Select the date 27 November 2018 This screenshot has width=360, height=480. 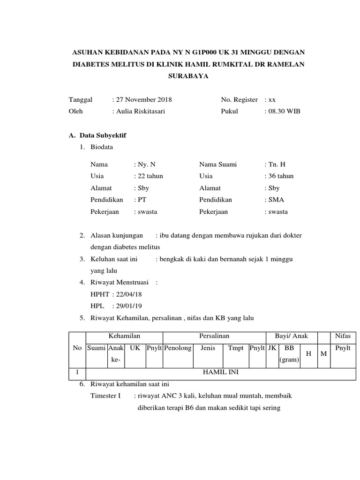[143, 99]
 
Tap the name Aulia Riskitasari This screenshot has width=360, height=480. [140, 112]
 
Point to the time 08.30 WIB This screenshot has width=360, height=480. [285, 112]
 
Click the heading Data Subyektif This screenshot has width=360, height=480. [101, 135]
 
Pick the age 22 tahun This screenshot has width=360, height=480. [150, 176]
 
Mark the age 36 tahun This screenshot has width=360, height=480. [281, 176]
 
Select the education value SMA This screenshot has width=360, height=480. [276, 200]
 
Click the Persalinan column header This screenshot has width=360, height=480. [214, 336]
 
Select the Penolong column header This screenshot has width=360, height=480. [178, 348]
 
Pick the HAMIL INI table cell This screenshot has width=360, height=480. [214, 373]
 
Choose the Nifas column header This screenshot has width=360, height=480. [343, 336]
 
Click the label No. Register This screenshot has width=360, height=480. [239, 99]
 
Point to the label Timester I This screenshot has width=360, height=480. [105, 396]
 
